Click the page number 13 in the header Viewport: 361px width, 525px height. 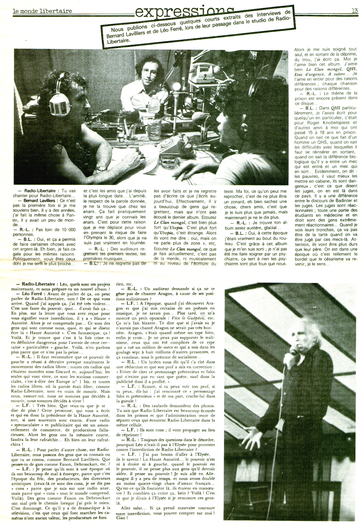pos(354,10)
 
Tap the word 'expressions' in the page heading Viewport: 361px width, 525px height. pos(184,12)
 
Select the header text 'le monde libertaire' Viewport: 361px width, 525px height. pos(42,11)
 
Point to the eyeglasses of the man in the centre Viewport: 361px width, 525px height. pos(149,72)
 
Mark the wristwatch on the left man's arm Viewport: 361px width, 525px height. pos(102,168)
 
